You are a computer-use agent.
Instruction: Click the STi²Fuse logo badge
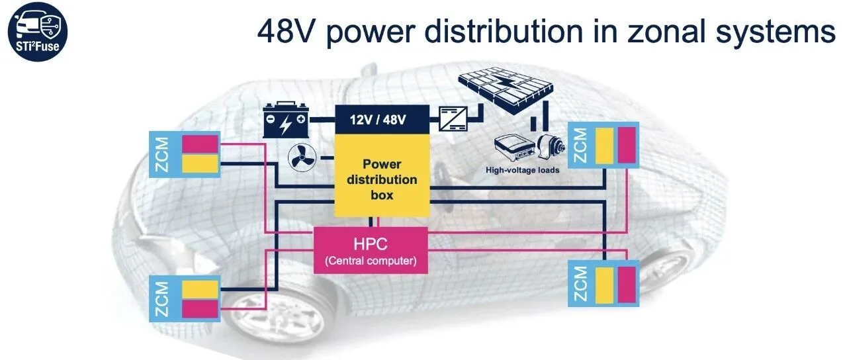tap(39, 31)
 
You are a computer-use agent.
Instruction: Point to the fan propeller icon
tap(302, 157)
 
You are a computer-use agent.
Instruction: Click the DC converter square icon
tap(453, 120)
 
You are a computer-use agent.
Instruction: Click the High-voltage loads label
tap(522, 170)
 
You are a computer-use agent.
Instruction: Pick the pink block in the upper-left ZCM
tap(200, 144)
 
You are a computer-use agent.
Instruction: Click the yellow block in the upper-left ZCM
tap(200, 163)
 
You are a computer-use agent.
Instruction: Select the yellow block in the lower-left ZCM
tap(200, 289)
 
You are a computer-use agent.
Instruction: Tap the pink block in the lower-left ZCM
tap(200, 308)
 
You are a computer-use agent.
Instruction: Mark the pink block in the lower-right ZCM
tap(626, 285)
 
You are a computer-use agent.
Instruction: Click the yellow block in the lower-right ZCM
tap(605, 285)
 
